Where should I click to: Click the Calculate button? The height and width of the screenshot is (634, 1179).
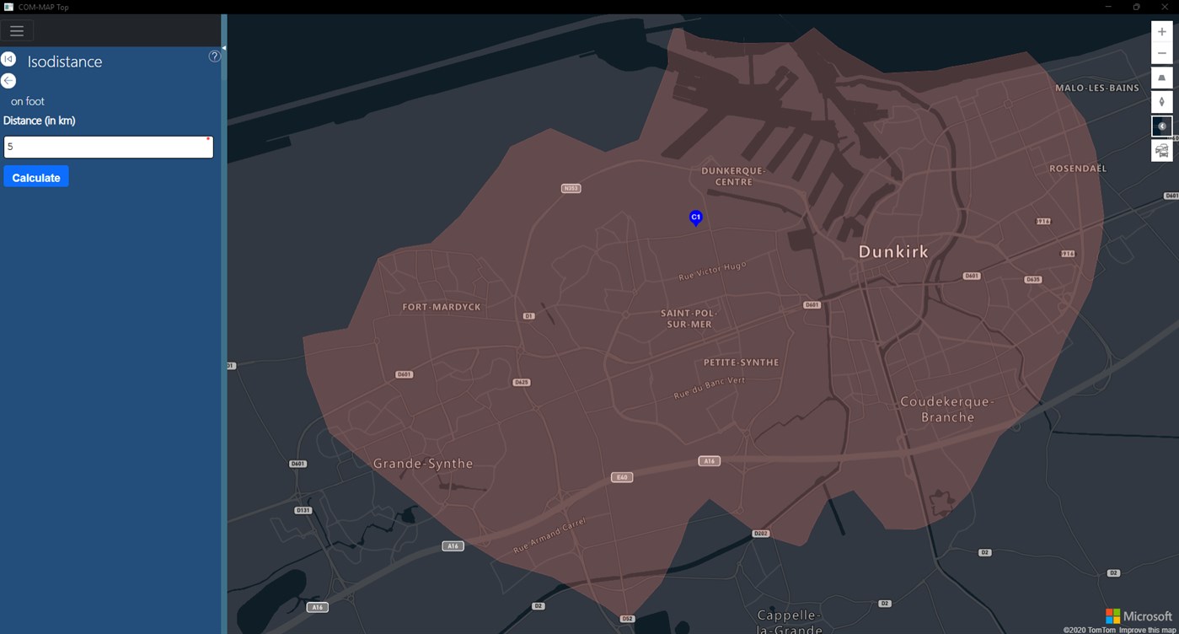pyautogui.click(x=36, y=177)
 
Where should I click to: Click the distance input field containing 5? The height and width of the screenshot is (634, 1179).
pyautogui.click(x=108, y=147)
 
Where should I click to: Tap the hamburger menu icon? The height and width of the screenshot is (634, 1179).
pyautogui.click(x=17, y=31)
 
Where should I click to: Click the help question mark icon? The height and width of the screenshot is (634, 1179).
pyautogui.click(x=214, y=56)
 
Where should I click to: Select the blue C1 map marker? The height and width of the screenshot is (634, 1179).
pyautogui.click(x=695, y=218)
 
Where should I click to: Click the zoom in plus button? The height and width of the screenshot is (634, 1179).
pyautogui.click(x=1161, y=32)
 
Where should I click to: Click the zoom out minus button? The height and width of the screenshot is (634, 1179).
pyautogui.click(x=1161, y=53)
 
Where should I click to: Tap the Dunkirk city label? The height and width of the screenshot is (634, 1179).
pyautogui.click(x=892, y=251)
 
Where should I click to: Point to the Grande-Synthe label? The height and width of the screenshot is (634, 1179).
pyautogui.click(x=423, y=464)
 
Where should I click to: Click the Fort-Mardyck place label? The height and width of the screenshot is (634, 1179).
pyautogui.click(x=442, y=307)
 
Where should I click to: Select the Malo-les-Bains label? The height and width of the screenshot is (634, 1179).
pyautogui.click(x=1097, y=88)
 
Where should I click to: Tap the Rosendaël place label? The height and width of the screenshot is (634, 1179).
pyautogui.click(x=1078, y=169)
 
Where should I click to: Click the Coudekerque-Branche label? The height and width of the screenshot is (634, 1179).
pyautogui.click(x=948, y=409)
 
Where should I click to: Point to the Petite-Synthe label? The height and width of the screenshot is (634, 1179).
pyautogui.click(x=742, y=363)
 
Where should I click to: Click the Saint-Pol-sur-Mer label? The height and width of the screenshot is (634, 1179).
pyautogui.click(x=689, y=319)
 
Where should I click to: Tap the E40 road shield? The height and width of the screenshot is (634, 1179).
pyautogui.click(x=622, y=477)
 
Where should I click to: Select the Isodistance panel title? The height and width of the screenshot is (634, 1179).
pyautogui.click(x=65, y=62)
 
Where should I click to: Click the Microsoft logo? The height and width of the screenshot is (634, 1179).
pyautogui.click(x=1139, y=616)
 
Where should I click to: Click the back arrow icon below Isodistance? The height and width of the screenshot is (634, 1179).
pyautogui.click(x=8, y=81)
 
